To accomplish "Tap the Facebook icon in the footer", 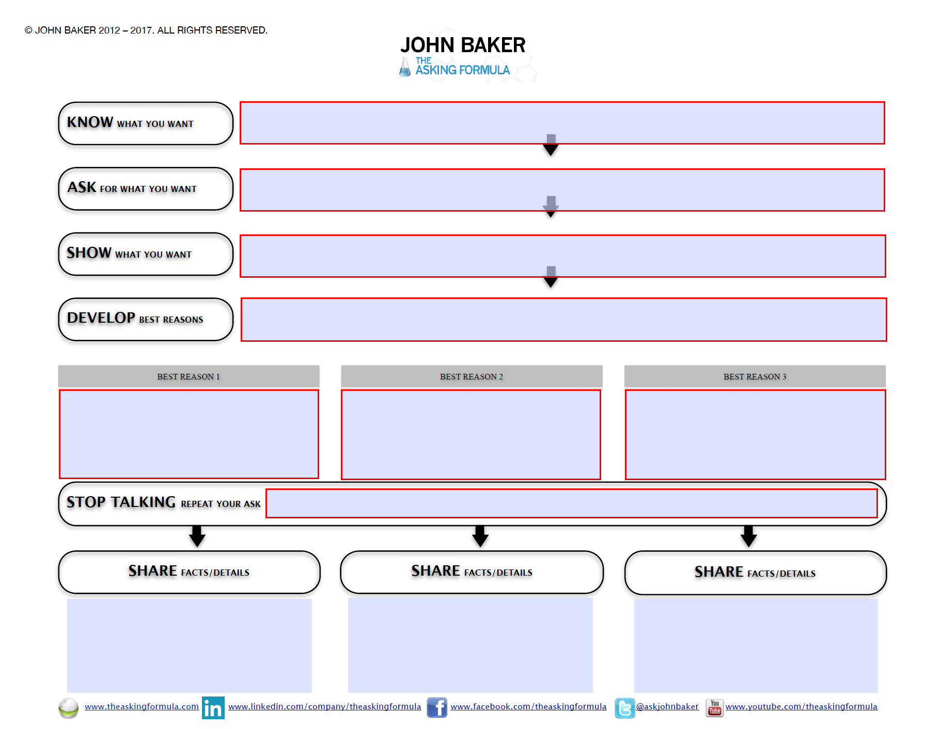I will point(437,707).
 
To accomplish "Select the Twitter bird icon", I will point(624,708).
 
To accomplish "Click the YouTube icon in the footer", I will point(714,707).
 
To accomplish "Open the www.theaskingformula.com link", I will point(142,706).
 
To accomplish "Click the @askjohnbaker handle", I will point(667,706).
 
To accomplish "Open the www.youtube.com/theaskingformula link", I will point(801,706).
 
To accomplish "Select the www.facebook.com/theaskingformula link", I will point(528,706).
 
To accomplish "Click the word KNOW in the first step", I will point(90,122).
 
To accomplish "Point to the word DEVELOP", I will point(101,318).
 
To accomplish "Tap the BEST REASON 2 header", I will point(471,376).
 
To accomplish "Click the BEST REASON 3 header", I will point(755,376).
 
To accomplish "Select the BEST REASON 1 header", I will point(189,376).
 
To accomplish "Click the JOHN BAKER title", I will point(463,45).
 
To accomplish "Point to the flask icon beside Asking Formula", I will point(405,67).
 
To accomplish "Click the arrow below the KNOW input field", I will point(551,146).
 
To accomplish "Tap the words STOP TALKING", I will point(121,502).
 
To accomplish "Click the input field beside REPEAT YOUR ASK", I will point(571,503).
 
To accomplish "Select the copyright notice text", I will point(146,30).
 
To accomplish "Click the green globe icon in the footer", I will point(68,708).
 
